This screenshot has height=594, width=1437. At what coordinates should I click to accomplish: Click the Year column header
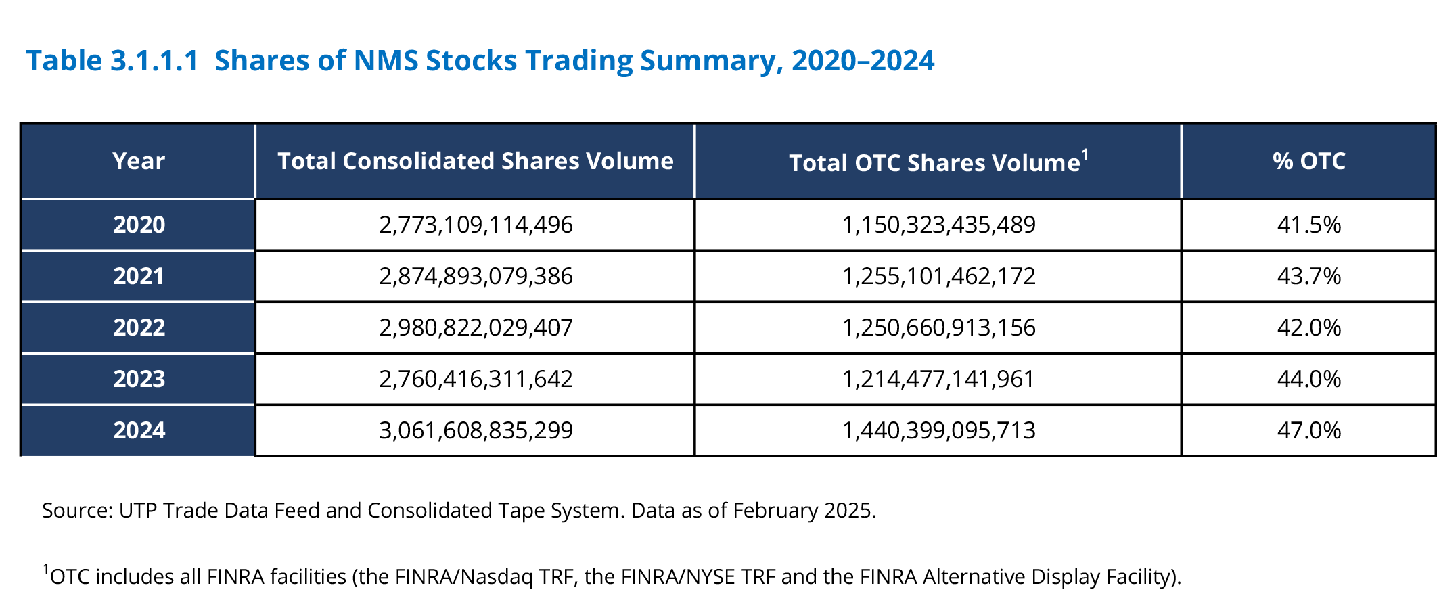click(139, 161)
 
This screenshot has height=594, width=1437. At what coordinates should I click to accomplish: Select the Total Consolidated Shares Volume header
click(475, 161)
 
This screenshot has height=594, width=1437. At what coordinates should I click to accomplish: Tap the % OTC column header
click(1308, 161)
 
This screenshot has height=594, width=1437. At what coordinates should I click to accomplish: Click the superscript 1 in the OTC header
click(1085, 154)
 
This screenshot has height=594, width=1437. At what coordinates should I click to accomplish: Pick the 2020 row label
click(139, 225)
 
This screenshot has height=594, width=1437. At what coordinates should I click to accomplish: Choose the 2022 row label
click(139, 327)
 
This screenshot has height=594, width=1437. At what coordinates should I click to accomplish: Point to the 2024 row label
click(139, 430)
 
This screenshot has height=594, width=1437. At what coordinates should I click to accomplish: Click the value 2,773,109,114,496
click(476, 225)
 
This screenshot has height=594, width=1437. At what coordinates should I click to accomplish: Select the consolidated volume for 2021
click(476, 276)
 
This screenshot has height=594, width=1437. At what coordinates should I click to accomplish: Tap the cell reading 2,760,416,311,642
click(476, 379)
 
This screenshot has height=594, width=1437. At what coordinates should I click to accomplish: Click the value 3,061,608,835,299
click(476, 430)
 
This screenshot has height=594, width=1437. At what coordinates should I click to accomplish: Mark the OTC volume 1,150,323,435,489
click(938, 225)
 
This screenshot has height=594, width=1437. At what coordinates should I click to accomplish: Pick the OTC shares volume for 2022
click(938, 327)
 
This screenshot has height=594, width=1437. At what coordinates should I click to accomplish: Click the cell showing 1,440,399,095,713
click(938, 430)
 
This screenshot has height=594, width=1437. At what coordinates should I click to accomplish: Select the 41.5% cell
click(1308, 225)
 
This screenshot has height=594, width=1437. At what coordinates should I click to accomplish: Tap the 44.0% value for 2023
click(1308, 379)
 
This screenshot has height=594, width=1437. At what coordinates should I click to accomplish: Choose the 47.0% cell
click(1308, 430)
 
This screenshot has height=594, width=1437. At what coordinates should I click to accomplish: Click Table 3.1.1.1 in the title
click(112, 61)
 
